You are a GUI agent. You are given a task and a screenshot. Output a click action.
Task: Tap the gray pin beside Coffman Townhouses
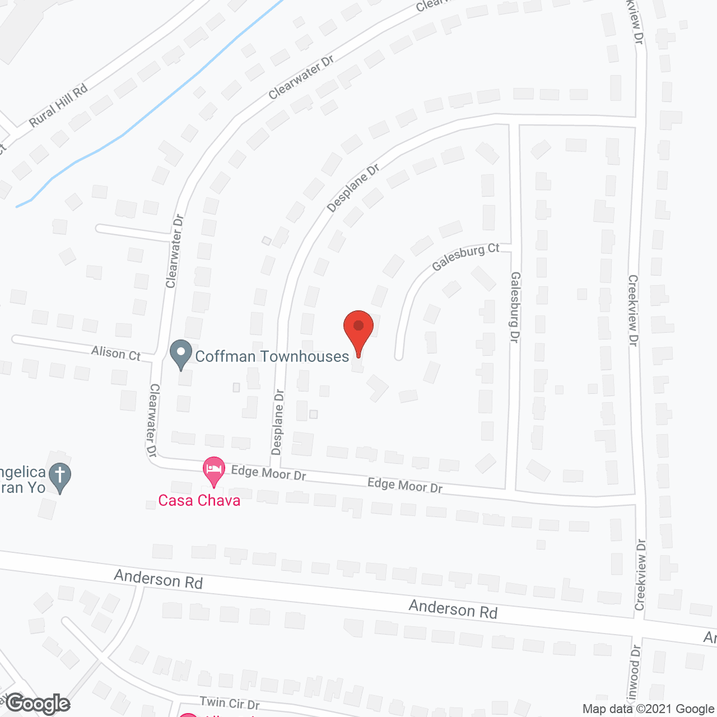click(181, 354)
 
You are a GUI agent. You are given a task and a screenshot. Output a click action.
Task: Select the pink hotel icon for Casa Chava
click(213, 471)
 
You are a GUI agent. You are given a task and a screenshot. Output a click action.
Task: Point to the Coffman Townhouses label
click(272, 357)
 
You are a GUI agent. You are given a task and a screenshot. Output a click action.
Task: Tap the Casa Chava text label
click(199, 500)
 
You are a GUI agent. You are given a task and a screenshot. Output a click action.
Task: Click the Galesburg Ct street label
click(465, 257)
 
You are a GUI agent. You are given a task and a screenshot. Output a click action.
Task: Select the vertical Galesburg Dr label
click(515, 307)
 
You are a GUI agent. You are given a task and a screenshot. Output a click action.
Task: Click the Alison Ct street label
click(116, 353)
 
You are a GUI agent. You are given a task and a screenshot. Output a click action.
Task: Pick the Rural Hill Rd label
click(59, 105)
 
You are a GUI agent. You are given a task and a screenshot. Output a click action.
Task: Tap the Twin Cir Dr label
click(230, 702)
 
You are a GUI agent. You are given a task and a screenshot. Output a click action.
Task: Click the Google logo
click(38, 704)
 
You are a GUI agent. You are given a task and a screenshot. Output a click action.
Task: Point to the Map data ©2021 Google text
click(648, 709)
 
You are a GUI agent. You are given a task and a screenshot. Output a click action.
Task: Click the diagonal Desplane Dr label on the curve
click(353, 188)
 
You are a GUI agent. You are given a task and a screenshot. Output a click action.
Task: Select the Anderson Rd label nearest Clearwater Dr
click(158, 579)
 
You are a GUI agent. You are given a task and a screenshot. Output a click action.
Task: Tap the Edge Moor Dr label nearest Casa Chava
click(268, 473)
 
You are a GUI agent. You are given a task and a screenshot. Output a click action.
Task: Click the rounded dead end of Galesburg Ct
click(399, 356)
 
